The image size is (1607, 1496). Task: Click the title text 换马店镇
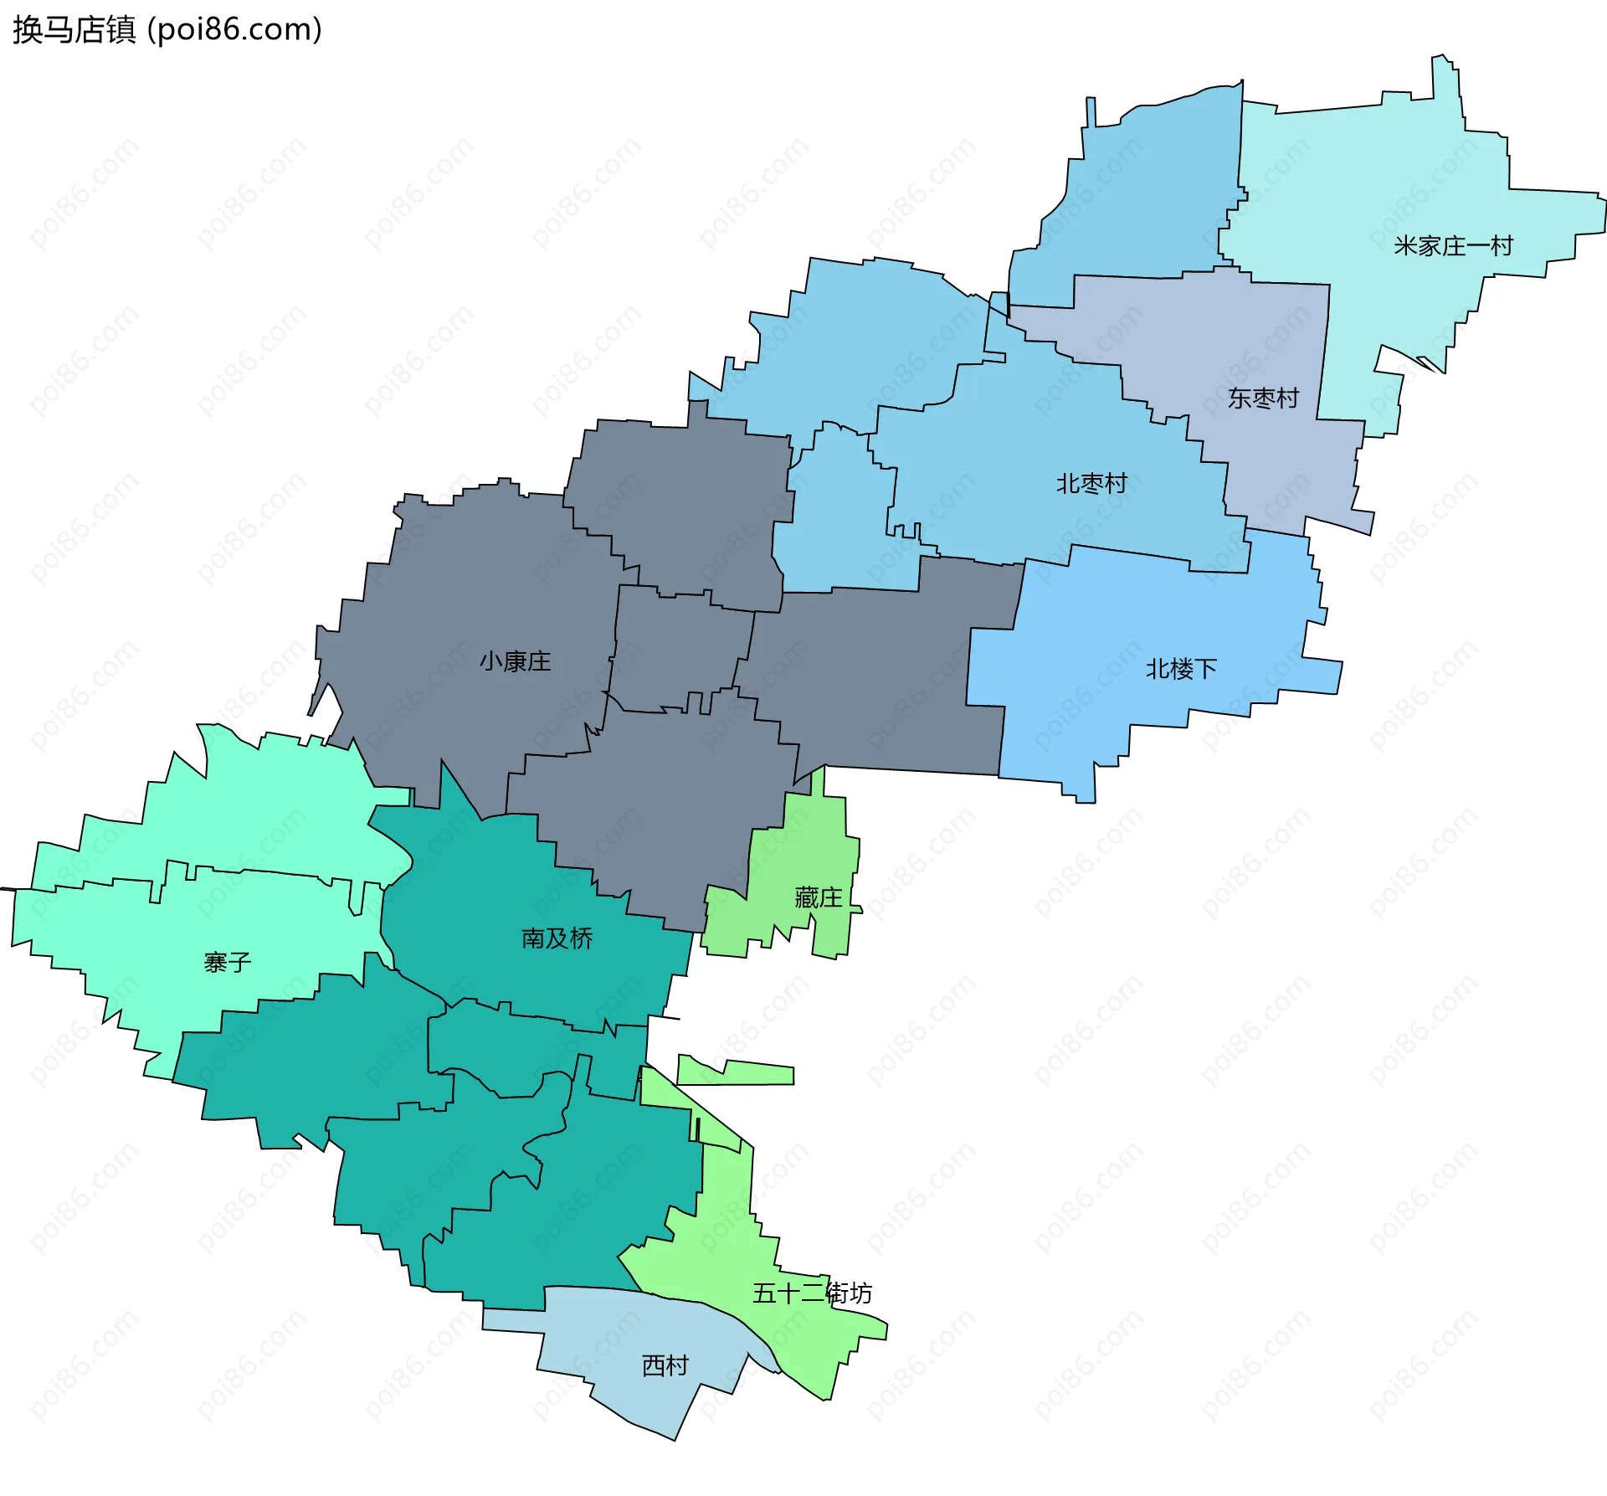coord(74,30)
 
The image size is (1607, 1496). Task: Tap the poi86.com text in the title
coord(234,30)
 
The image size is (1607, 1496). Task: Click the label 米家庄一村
coord(1453,246)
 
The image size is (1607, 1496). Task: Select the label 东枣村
coord(1263,398)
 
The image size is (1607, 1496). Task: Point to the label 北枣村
coord(1091,484)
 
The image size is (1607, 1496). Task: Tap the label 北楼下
coord(1181,669)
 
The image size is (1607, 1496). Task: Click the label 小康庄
coord(516,661)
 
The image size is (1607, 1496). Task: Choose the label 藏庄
coord(818,897)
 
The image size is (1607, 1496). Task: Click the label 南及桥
coord(557,938)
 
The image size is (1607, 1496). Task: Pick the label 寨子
coord(228,963)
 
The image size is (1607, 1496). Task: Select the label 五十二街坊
coord(812,1293)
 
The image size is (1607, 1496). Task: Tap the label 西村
coord(665,1365)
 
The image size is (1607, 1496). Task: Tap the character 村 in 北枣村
coord(1116,484)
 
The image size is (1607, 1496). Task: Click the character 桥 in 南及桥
coord(581,938)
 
